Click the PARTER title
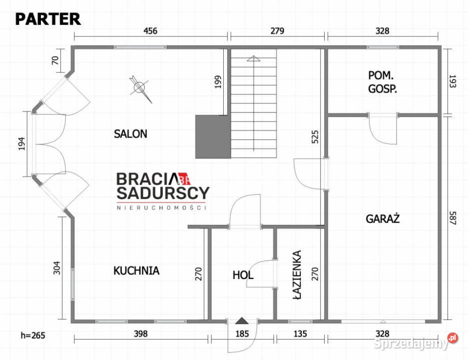click(48, 19)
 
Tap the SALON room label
click(130, 134)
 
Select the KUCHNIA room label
click(136, 270)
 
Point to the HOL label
click(243, 275)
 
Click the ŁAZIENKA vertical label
click(297, 274)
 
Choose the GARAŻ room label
click(383, 218)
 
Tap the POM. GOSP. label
click(382, 82)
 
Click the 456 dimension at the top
click(150, 31)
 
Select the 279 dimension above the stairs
click(277, 31)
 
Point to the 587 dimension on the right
click(453, 218)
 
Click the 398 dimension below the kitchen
click(140, 333)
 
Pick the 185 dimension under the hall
click(242, 333)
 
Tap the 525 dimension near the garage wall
click(315, 137)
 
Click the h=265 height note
click(33, 335)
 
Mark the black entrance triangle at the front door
click(242, 320)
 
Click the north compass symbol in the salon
click(140, 87)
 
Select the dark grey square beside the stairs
click(213, 137)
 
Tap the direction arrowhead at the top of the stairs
click(253, 58)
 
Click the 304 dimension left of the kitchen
click(57, 267)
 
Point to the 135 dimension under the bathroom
click(300, 333)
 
